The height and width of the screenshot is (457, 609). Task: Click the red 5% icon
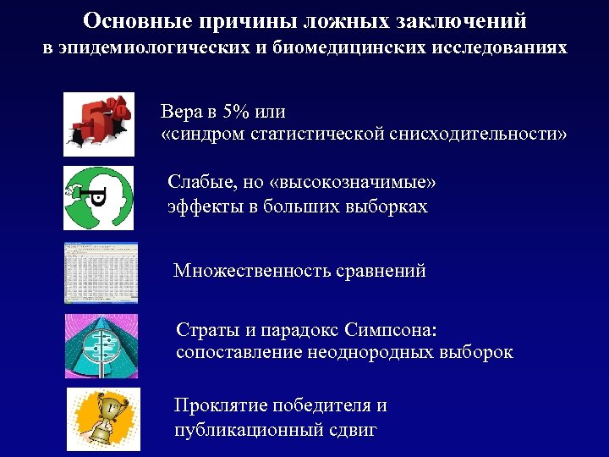click(x=98, y=124)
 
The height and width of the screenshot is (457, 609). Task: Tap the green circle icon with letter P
click(x=98, y=198)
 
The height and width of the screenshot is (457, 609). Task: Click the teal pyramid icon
click(x=101, y=345)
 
